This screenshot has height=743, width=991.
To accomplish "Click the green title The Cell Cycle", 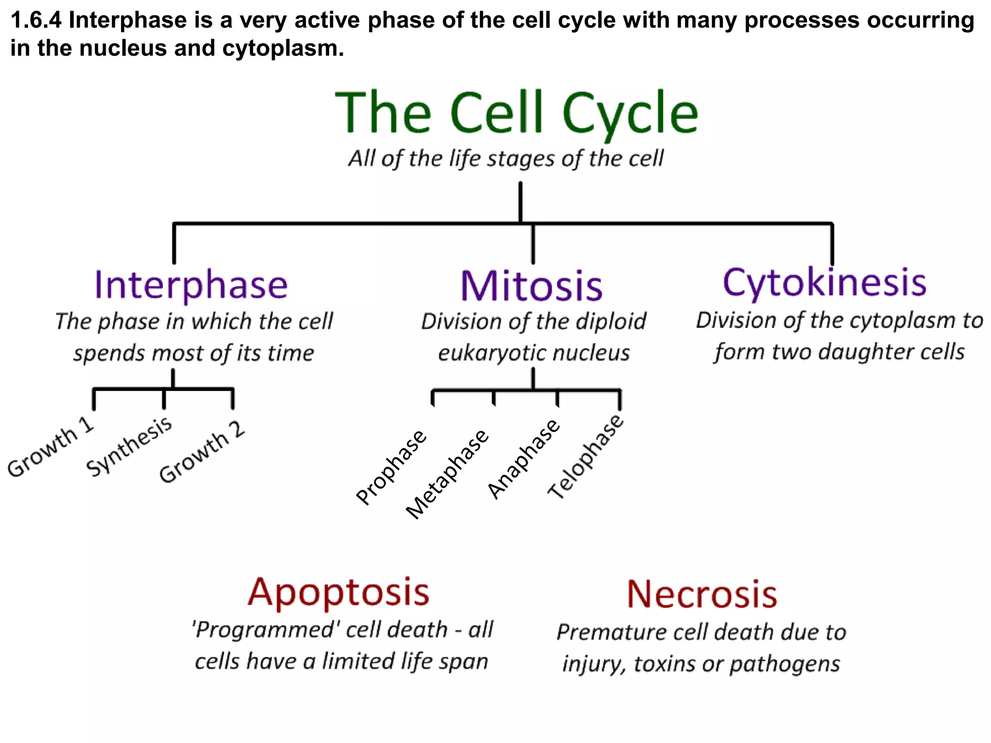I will coord(517,113).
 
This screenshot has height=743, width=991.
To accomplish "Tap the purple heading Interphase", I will coord(191,285).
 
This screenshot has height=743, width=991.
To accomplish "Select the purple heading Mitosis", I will coord(531,286).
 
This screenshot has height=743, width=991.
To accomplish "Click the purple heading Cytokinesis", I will coord(824,282).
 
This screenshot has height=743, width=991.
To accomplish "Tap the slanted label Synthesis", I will coord(129,446).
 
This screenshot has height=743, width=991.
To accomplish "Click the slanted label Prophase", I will coord(391,467).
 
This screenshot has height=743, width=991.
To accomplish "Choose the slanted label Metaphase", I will coord(447,474).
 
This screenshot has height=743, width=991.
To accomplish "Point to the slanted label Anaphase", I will coord(524,459).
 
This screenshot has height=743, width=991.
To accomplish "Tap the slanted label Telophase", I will coord(586,457).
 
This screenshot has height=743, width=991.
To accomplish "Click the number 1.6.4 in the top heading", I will coord(36,20).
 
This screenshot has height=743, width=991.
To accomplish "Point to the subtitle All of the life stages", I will coord(506,159).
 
